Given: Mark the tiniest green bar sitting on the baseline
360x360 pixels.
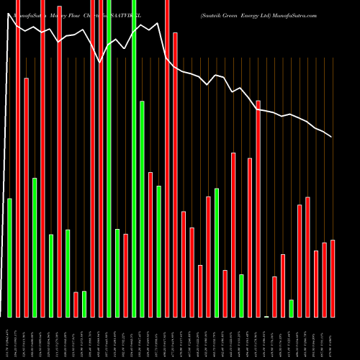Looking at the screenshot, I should point(266,316).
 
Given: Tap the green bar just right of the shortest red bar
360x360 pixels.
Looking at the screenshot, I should point(84,304).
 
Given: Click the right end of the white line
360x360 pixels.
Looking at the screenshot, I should point(332,137).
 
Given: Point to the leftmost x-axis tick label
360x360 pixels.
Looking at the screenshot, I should point(9,338).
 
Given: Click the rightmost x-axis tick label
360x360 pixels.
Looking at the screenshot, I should point(332,338).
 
